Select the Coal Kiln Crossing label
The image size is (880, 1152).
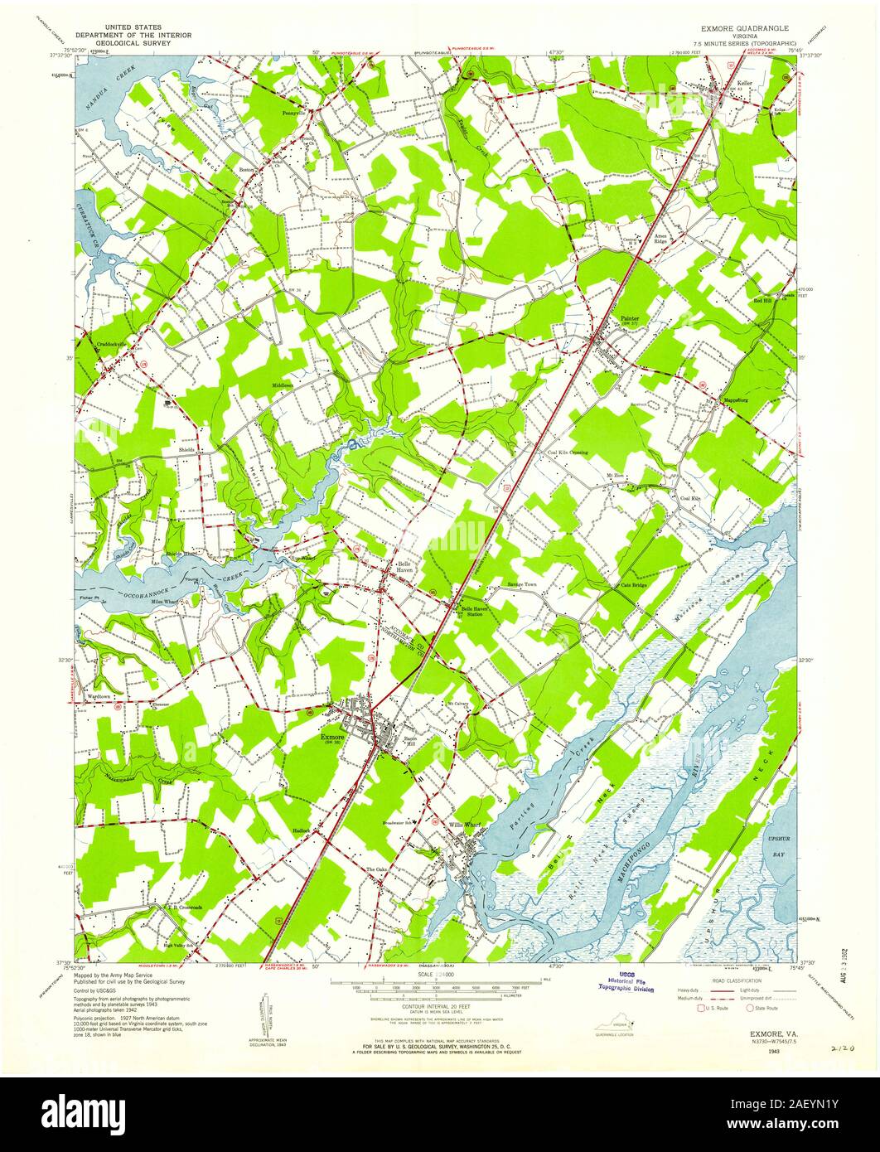point(568,453)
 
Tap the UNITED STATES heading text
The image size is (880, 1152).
point(133,27)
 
